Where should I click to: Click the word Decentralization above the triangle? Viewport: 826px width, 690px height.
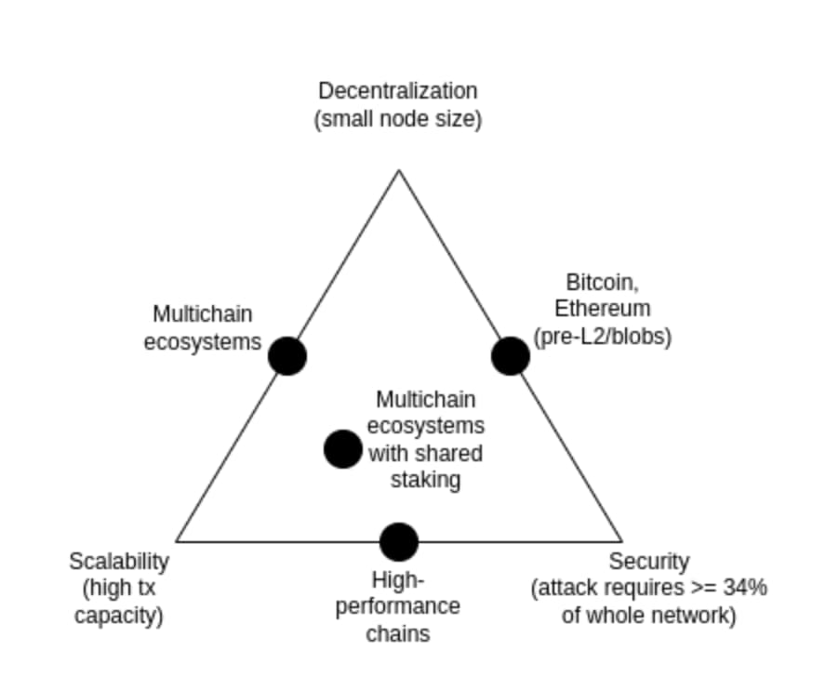click(x=398, y=91)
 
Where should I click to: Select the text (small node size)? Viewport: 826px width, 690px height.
click(x=398, y=120)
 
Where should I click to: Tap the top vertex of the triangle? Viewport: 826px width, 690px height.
click(x=399, y=171)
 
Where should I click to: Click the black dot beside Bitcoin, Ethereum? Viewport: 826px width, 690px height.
click(x=510, y=356)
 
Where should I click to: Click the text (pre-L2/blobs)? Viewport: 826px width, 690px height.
click(x=603, y=336)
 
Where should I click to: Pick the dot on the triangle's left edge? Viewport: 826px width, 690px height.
click(x=287, y=356)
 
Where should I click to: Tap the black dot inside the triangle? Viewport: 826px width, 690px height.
click(x=342, y=449)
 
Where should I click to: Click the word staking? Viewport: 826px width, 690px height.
click(x=427, y=480)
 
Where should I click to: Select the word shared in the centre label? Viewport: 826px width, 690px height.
click(x=454, y=454)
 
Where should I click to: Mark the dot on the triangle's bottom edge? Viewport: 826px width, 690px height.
click(x=399, y=541)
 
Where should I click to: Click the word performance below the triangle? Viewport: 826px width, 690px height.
click(x=398, y=607)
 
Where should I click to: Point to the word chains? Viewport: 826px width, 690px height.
click(x=398, y=634)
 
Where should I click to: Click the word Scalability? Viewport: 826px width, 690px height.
click(x=119, y=562)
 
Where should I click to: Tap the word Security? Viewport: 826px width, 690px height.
click(x=649, y=562)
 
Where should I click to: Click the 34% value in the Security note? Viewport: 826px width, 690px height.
click(x=746, y=589)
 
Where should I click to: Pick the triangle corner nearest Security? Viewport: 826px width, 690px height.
click(x=620, y=540)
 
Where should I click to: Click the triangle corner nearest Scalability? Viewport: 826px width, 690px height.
click(x=177, y=540)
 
